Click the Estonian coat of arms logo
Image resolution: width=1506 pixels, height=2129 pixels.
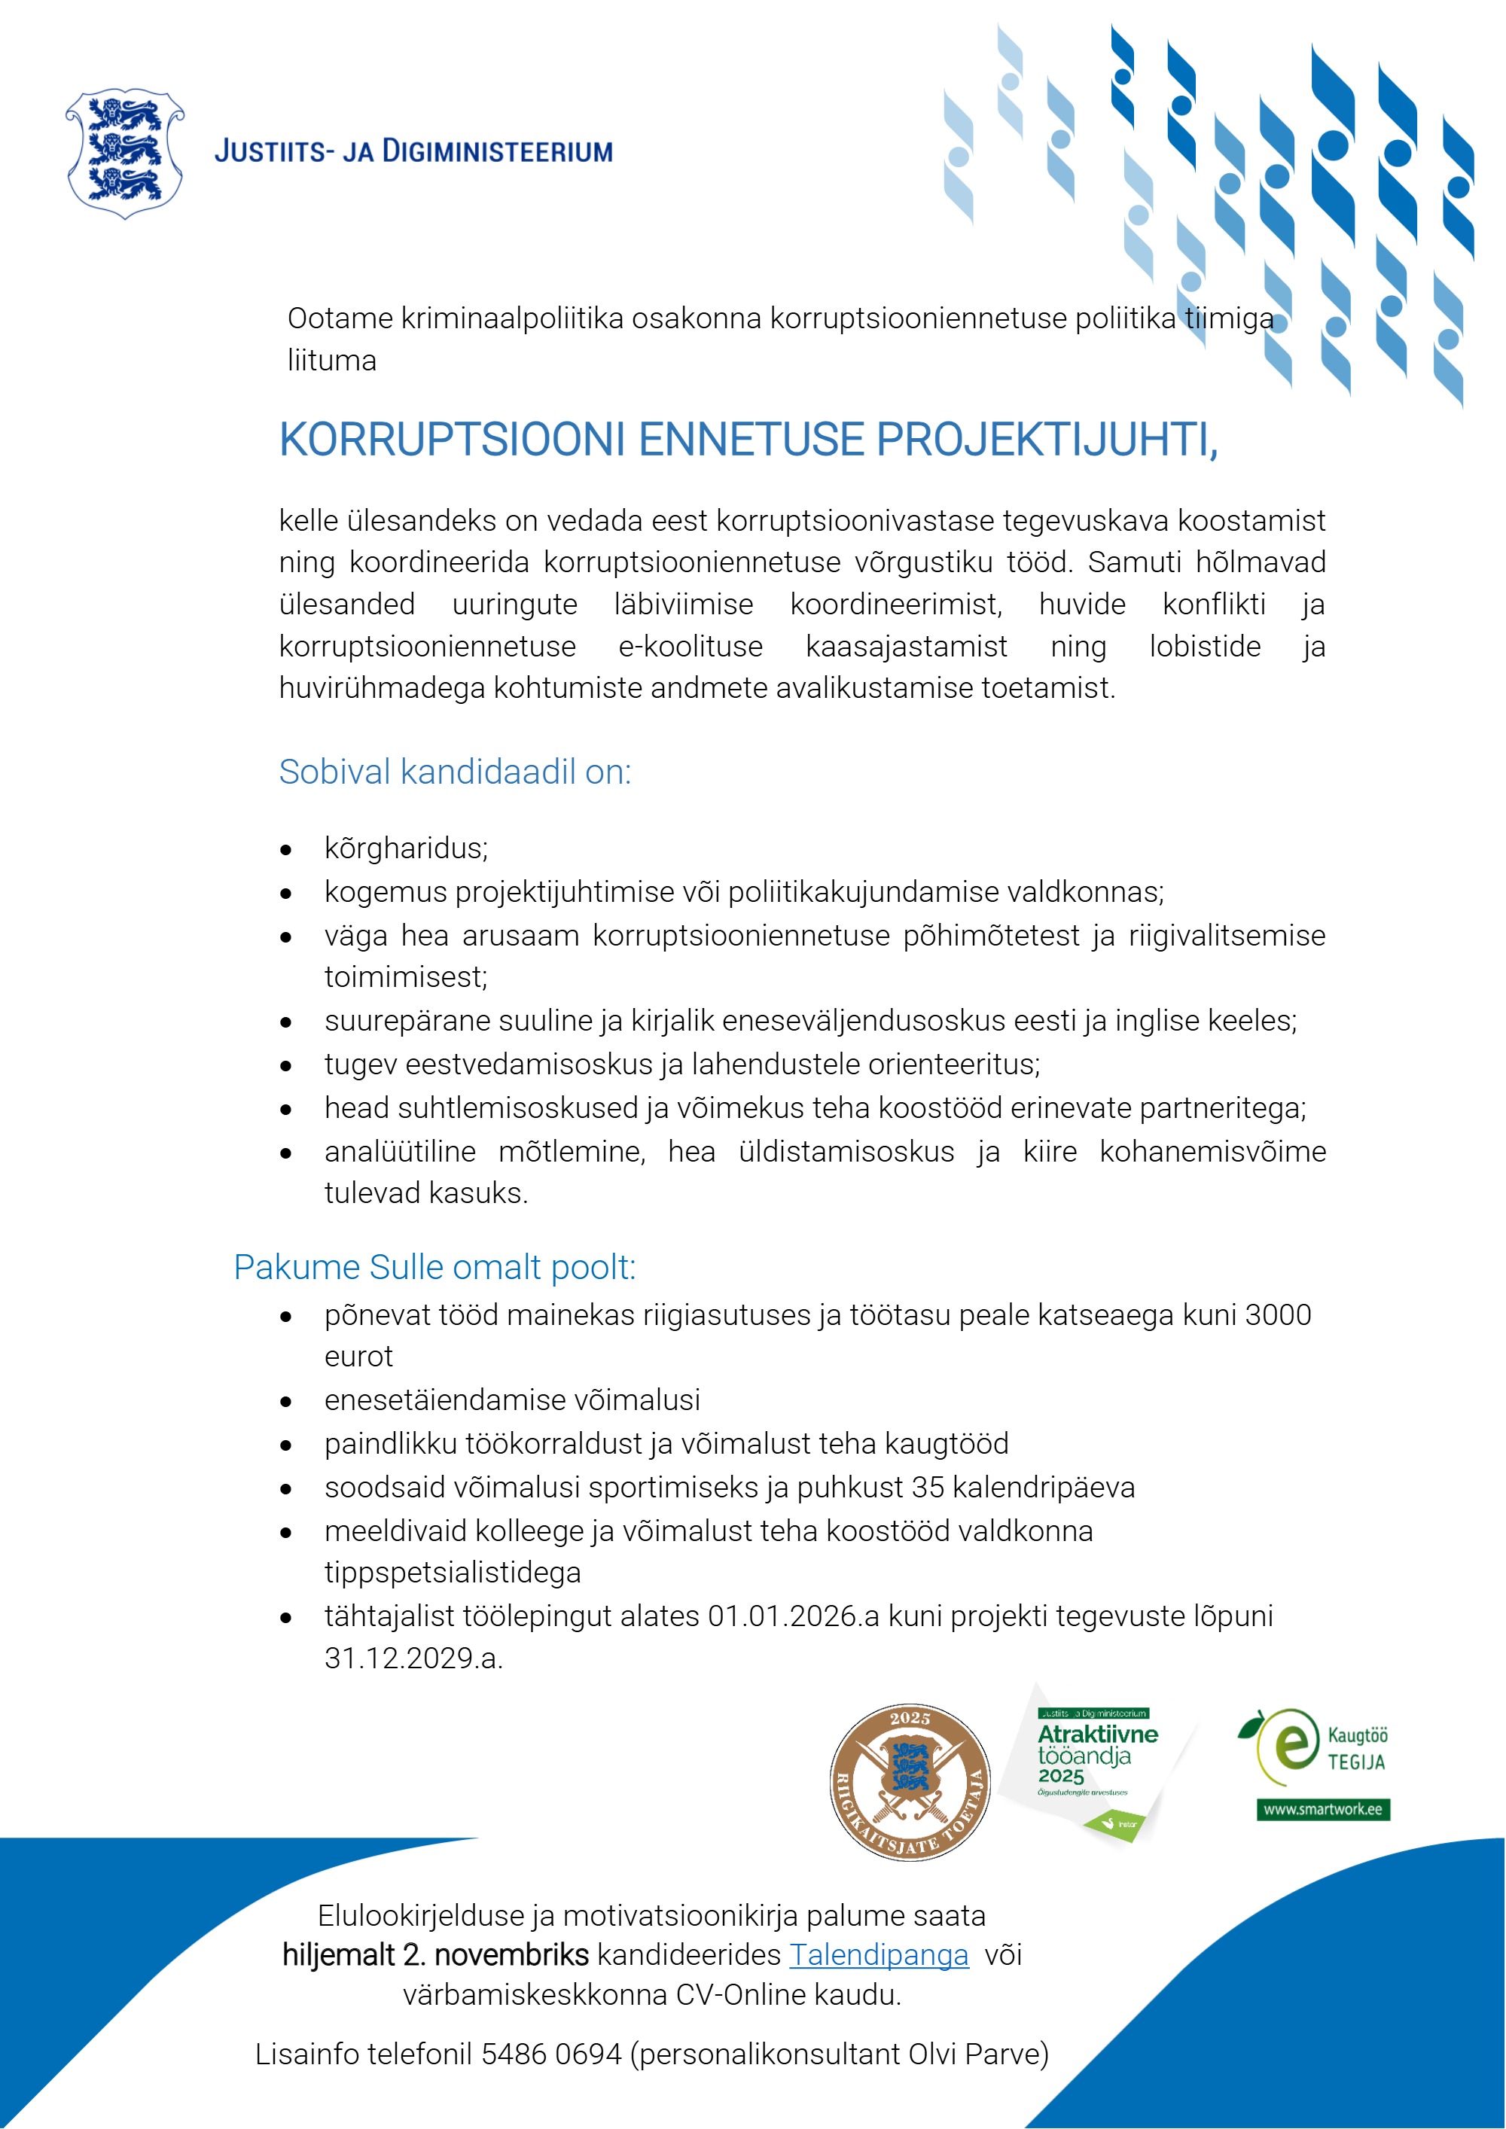pyautogui.click(x=124, y=154)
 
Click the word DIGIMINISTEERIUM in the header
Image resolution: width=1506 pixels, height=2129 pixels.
pyautogui.click(x=497, y=151)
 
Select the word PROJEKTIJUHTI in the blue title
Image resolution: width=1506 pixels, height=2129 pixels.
pyautogui.click(x=1046, y=440)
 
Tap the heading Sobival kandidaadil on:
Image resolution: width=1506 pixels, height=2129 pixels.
pyautogui.click(x=454, y=772)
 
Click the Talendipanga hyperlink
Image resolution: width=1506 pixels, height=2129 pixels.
pyautogui.click(x=878, y=1954)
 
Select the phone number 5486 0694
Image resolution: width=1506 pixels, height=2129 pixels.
pyautogui.click(x=551, y=2054)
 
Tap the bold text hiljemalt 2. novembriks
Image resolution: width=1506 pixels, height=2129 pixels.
pyautogui.click(x=435, y=1954)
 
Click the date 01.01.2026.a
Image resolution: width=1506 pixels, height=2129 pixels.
pyautogui.click(x=793, y=1616)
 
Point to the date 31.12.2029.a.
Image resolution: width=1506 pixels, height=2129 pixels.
pyautogui.click(x=413, y=1658)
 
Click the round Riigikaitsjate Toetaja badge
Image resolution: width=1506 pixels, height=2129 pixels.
pyautogui.click(x=910, y=1782)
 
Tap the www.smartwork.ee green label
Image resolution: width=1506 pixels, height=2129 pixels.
pyautogui.click(x=1322, y=1809)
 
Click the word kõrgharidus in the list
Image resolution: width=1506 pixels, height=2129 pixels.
pyautogui.click(x=405, y=848)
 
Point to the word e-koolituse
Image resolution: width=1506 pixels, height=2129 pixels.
pyautogui.click(x=690, y=646)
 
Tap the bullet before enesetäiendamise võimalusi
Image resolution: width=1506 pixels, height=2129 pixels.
pyautogui.click(x=287, y=1402)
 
